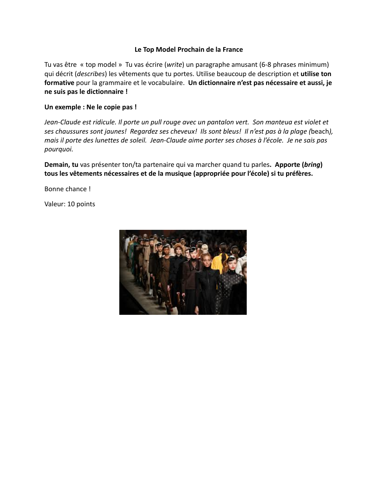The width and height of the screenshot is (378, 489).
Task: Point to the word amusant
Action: tap(242, 65)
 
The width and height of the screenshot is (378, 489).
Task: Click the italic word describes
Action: tap(91, 74)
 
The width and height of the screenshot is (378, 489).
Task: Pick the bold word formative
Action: tap(59, 83)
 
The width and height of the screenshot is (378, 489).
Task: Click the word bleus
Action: tap(232, 131)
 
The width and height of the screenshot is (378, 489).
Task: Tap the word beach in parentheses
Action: tap(320, 131)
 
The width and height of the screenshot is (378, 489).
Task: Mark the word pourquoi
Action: tap(59, 149)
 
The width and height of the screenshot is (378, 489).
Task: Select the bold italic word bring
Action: tap(312, 165)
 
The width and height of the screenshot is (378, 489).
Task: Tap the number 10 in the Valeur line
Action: tap(71, 204)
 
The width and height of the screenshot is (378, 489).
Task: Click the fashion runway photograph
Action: tap(183, 272)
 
